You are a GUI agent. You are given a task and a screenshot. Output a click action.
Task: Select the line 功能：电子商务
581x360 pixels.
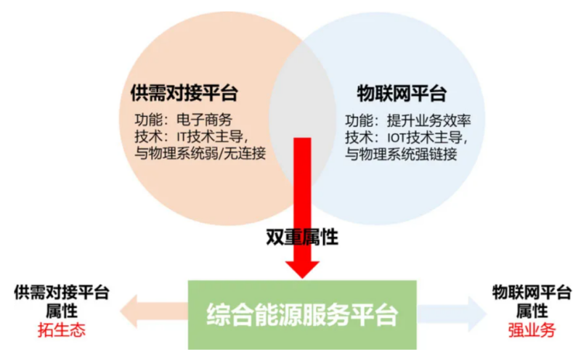183,120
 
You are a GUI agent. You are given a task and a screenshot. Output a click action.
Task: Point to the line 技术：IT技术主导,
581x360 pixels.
193,136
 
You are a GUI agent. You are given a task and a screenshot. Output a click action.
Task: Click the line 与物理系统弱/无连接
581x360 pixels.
200,153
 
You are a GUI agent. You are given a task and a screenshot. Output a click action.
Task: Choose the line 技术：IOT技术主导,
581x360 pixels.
407,136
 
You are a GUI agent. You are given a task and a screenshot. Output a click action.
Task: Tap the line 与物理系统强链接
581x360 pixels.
401,153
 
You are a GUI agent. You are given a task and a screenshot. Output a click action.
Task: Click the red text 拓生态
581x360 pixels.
62,330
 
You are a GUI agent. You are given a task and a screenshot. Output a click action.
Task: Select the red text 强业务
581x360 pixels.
531,330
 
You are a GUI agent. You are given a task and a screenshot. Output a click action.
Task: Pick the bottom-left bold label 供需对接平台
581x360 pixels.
62,292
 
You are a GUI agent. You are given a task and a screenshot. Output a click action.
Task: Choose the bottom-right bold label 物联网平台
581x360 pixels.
531,292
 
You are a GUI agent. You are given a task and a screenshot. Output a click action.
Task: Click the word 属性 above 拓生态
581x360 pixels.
62,311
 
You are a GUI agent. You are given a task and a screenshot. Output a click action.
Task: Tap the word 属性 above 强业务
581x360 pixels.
531,311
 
